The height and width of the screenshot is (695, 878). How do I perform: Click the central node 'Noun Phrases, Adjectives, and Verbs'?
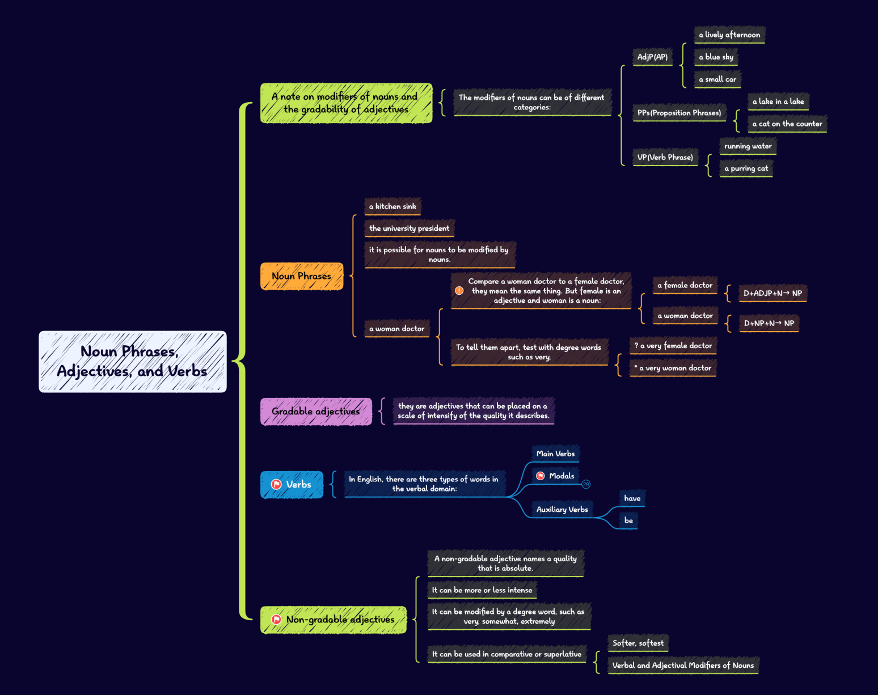pos(132,362)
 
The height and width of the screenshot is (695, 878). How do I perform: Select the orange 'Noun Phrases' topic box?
pos(302,276)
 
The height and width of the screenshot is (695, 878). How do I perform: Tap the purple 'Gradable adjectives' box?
pos(316,412)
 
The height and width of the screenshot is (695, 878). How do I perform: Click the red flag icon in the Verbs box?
pos(276,484)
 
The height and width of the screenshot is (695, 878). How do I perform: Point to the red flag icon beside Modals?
pos(541,476)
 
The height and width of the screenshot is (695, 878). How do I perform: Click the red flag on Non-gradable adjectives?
pos(276,620)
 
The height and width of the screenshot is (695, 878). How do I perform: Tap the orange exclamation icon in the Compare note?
pos(459,291)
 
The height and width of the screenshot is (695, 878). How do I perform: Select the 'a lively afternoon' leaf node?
pos(729,35)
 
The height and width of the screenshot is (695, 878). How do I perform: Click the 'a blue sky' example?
pos(716,57)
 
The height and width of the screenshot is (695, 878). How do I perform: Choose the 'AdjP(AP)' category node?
pos(652,57)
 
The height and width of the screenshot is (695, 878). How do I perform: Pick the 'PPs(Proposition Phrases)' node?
pos(679,113)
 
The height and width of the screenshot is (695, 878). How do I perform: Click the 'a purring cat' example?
pos(746,168)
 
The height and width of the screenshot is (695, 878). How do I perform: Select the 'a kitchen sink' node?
pos(392,206)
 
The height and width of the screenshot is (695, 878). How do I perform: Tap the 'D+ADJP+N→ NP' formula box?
pos(773,293)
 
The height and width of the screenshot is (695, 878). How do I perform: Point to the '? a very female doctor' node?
pos(673,346)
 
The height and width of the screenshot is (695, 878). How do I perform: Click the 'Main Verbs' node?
pos(555,454)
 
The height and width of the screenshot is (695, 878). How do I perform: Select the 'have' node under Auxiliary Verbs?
pos(632,498)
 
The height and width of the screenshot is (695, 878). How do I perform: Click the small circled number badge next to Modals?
pos(586,484)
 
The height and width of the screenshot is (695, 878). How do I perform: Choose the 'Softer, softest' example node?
pos(638,643)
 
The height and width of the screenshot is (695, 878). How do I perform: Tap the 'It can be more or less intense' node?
pos(482,590)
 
